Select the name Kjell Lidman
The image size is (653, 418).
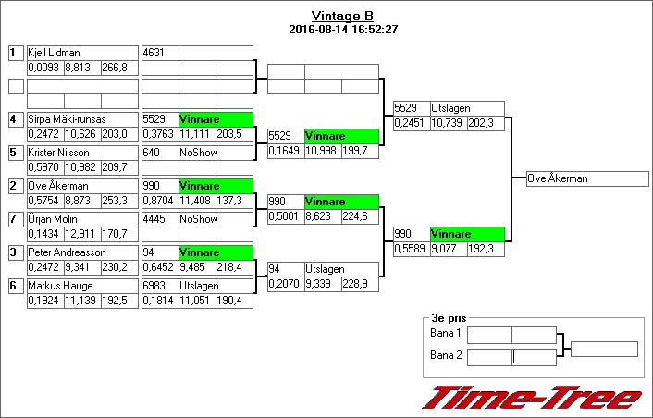tap(54, 53)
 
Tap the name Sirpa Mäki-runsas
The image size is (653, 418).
tap(68, 119)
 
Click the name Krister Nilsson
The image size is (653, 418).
tap(58, 153)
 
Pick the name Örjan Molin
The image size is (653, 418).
tap(52, 219)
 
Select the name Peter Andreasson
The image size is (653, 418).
tap(67, 252)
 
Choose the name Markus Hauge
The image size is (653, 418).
tap(57, 286)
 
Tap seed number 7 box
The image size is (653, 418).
tap(16, 219)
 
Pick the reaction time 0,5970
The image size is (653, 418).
tap(44, 167)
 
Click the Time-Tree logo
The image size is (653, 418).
tap(533, 398)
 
